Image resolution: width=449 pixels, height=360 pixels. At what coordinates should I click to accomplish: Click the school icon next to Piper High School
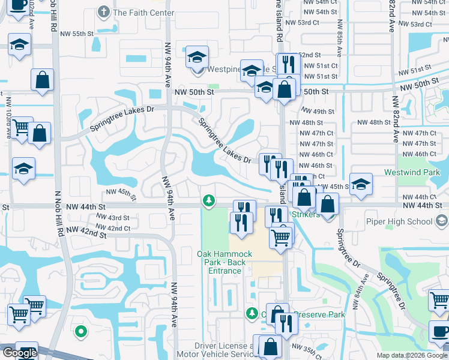coord(442,221)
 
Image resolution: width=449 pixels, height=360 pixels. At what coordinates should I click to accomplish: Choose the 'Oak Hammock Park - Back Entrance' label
coord(224,262)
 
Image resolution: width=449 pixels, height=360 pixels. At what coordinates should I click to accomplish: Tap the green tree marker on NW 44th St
coord(208,200)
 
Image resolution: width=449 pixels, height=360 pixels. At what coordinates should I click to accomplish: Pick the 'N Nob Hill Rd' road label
coord(59,216)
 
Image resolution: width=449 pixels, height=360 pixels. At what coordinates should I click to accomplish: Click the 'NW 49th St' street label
coord(317,112)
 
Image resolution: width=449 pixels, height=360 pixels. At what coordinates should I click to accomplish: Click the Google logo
coord(19,353)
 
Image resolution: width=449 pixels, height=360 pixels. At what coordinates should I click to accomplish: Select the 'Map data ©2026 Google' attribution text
coord(412,355)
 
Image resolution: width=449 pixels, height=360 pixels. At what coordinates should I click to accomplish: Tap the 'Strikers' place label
coord(306,215)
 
